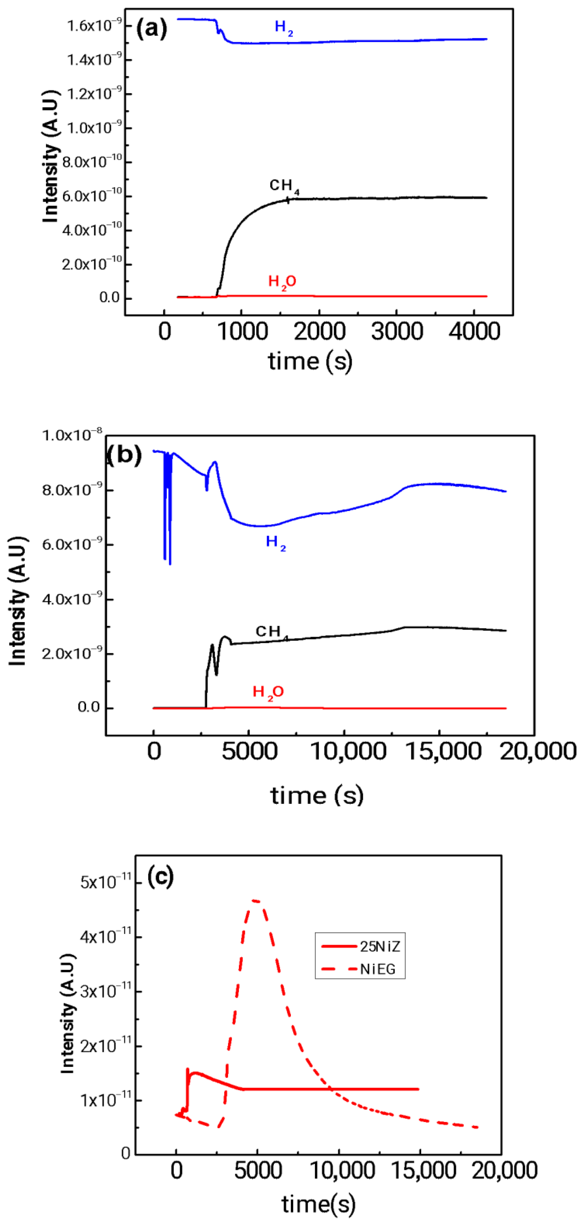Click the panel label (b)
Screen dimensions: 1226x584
124,455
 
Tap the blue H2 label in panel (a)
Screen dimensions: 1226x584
283,28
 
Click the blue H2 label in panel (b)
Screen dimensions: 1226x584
275,542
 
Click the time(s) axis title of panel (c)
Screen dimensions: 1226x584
318,1204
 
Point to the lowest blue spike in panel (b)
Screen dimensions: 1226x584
170,564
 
